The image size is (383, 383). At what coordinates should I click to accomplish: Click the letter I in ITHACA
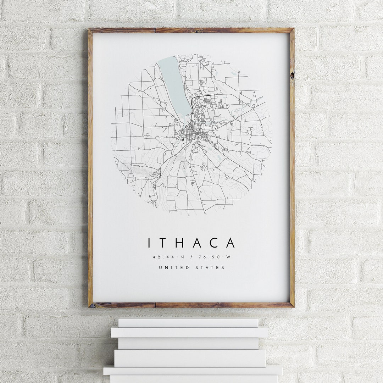149,243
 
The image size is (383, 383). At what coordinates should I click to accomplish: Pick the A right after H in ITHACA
199,243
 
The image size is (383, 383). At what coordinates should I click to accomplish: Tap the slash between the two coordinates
191,257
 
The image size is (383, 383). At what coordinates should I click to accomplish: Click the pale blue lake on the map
174,85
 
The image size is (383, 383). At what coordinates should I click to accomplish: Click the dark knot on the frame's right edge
292,75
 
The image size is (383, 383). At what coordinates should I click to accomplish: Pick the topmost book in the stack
188,323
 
